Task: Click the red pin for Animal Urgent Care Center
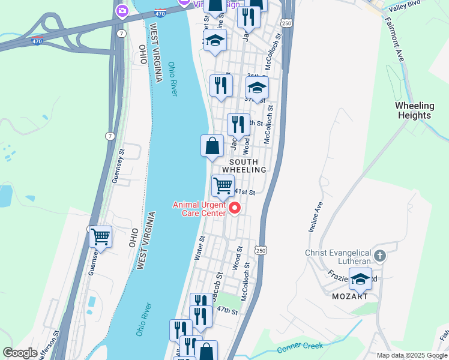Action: [x=235, y=208]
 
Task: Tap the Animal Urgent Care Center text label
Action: [x=199, y=208]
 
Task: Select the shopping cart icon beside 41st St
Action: [x=223, y=186]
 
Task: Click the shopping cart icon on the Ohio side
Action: [x=100, y=236]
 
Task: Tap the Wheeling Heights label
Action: [x=414, y=110]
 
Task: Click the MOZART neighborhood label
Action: [x=349, y=296]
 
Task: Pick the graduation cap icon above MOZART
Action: [x=360, y=280]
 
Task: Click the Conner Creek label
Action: [x=300, y=347]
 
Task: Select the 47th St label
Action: [x=228, y=311]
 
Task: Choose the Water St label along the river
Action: [x=200, y=247]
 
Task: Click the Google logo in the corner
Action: [x=20, y=353]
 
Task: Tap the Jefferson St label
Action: [x=48, y=344]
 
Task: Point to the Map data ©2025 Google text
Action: [x=412, y=355]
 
